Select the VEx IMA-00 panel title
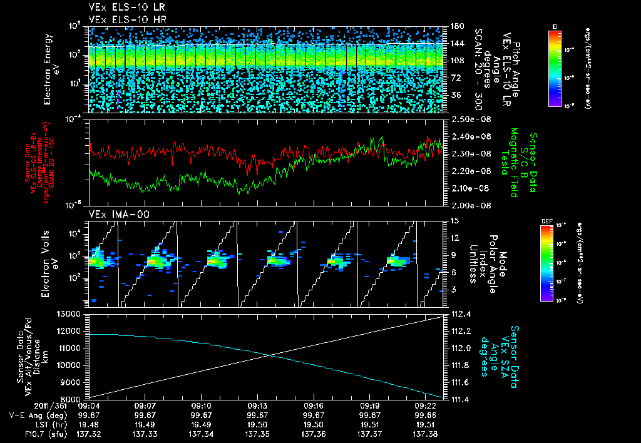click(x=115, y=215)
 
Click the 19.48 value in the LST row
click(x=90, y=424)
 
